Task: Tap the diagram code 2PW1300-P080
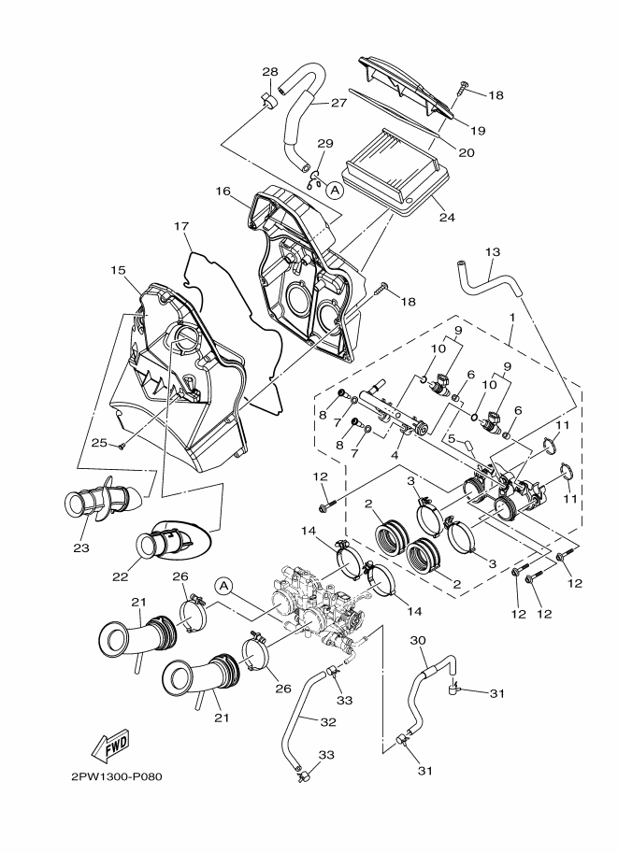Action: coord(117,776)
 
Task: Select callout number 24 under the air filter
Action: coord(447,217)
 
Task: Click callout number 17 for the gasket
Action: coord(181,225)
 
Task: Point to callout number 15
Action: coord(118,270)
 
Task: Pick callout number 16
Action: coord(223,191)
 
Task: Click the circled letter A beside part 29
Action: coord(336,190)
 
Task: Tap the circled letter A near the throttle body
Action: coord(223,586)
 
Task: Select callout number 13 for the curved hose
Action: coord(492,252)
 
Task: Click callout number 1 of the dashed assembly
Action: coord(511,317)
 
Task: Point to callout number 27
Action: coord(338,102)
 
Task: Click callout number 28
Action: coord(270,71)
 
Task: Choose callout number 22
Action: coord(120,576)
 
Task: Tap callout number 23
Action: coord(81,547)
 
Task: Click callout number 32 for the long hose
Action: coord(328,722)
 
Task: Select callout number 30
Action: coord(418,640)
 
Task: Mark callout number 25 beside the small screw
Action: coord(99,443)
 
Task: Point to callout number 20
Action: coord(467,152)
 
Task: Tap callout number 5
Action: coord(452,438)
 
